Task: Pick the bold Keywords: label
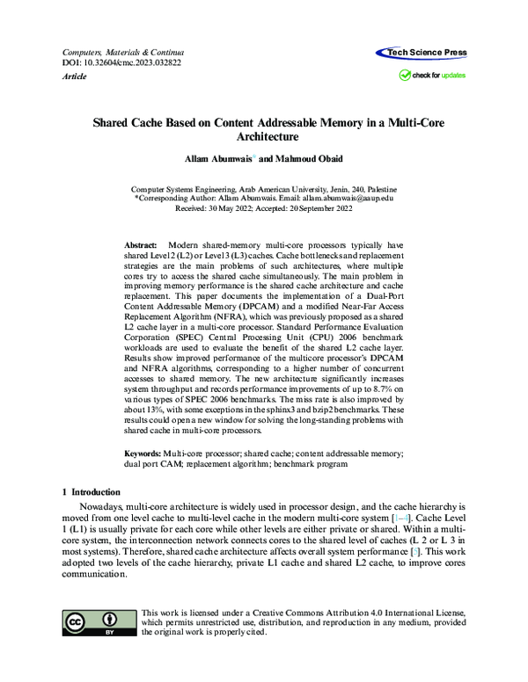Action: [x=143, y=451]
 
